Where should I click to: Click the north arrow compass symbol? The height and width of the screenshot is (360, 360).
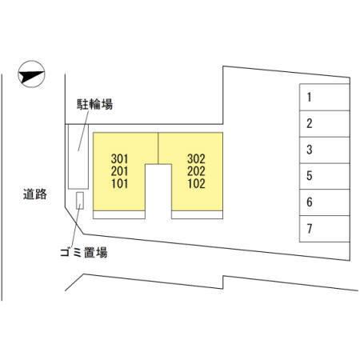point(31,74)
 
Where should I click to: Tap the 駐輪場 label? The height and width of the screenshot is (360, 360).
point(94,104)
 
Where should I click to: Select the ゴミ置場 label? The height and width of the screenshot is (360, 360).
point(84,252)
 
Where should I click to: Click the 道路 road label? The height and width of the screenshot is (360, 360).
point(35,194)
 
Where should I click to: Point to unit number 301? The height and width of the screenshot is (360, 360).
point(119,159)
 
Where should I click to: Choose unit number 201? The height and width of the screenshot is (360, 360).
point(119,171)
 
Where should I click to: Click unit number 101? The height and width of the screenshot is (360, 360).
point(119,184)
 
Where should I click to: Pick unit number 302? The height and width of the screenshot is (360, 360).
point(196,159)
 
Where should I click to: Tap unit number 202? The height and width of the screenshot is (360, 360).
point(196,171)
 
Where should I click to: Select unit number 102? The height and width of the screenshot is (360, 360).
point(196,184)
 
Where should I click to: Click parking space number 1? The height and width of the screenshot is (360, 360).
point(309,98)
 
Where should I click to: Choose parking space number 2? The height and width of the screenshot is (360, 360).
point(310,123)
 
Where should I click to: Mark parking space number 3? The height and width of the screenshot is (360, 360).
point(310,150)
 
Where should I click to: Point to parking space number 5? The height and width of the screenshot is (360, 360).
point(310,176)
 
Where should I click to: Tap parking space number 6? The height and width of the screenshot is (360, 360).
point(310,202)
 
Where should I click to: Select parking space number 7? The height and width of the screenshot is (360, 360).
point(310,229)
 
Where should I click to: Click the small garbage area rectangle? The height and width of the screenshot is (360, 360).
point(80,201)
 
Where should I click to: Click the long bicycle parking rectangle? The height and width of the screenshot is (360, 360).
point(78,157)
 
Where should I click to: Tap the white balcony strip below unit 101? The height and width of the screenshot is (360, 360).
point(119,215)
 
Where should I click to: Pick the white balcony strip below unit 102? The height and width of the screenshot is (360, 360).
point(197,215)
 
